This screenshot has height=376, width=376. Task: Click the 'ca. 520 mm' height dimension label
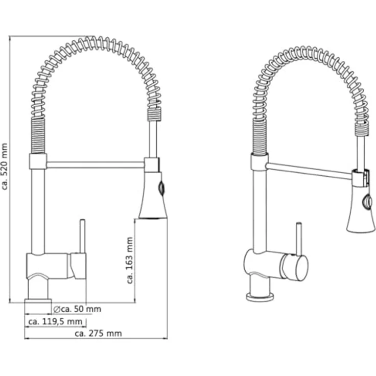(5, 167)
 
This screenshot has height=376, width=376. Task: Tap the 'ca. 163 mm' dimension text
(130, 261)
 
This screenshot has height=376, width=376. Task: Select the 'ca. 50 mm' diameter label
(81, 309)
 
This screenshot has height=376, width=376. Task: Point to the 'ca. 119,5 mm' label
(55, 321)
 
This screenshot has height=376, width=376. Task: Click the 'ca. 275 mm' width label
(98, 333)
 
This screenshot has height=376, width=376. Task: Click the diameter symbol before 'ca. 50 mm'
(57, 310)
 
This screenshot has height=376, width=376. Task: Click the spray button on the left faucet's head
(161, 187)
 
